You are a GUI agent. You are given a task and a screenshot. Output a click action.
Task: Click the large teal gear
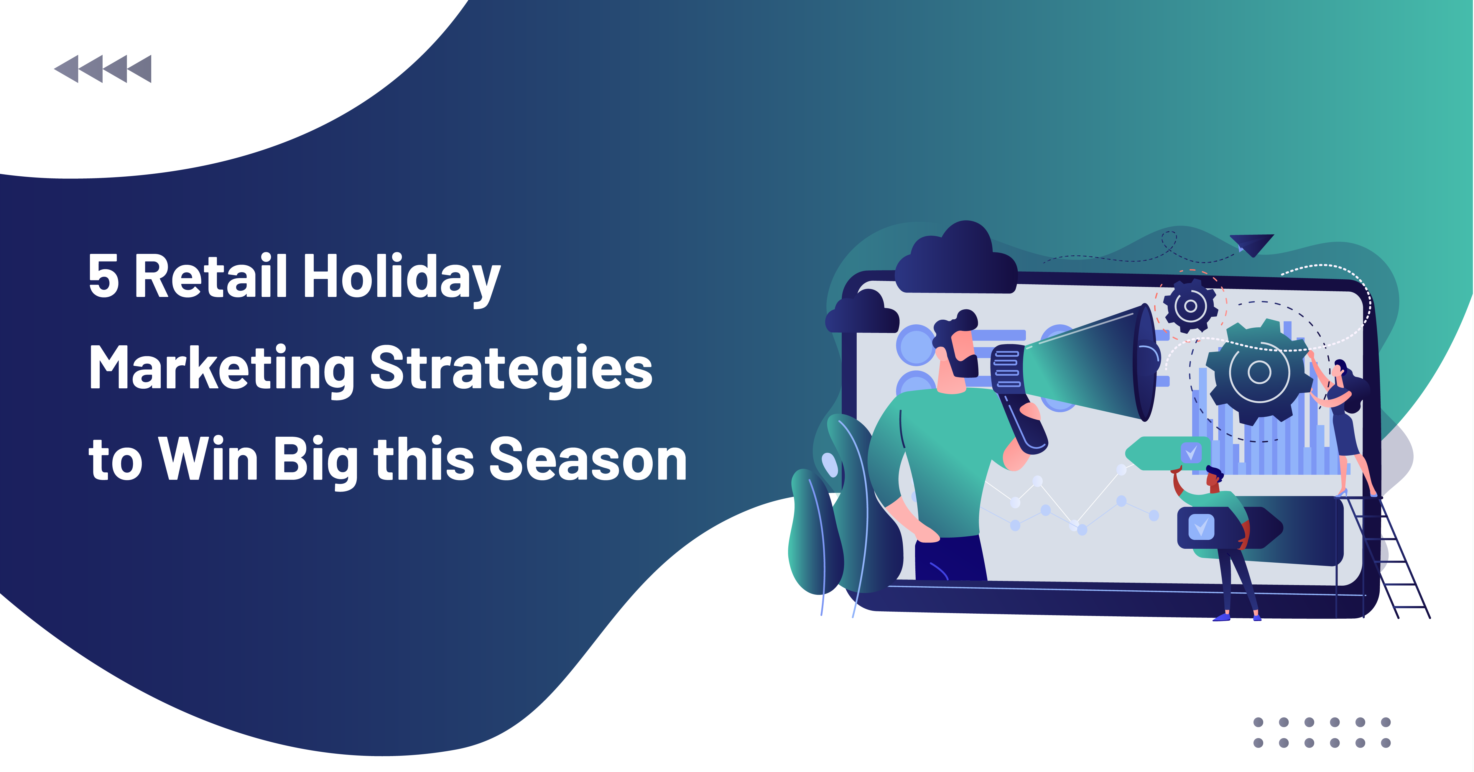coord(1259,372)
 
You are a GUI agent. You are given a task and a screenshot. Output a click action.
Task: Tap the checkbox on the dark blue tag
coord(1202,526)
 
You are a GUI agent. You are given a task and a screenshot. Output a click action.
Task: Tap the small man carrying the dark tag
coord(1225,544)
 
